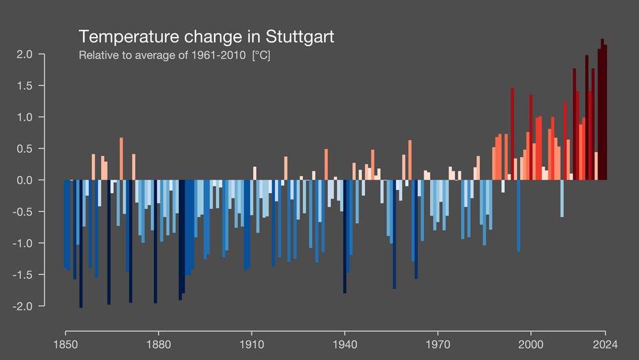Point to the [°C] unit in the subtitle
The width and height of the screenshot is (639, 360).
[261, 56]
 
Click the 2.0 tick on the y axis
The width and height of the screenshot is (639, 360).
[25, 54]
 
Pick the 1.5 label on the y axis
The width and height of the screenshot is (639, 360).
[25, 86]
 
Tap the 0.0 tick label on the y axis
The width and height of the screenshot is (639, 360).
[25, 180]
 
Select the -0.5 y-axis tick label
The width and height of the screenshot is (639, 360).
[23, 212]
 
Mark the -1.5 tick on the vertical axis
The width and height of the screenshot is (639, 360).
[23, 275]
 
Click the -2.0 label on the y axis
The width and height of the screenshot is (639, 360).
[23, 306]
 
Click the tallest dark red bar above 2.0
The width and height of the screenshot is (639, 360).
[602, 109]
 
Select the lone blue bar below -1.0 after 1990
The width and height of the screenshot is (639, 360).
[518, 215]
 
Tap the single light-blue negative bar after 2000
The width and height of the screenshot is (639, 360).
[562, 198]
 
